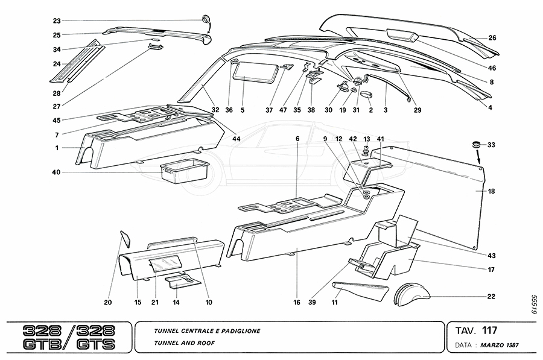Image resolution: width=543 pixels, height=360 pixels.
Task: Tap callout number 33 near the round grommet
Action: pyautogui.click(x=491, y=145)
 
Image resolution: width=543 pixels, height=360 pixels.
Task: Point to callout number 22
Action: pyautogui.click(x=491, y=296)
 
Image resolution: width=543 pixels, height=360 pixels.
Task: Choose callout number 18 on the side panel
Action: pyautogui.click(x=491, y=191)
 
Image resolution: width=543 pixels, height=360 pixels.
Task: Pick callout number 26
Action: pyautogui.click(x=492, y=38)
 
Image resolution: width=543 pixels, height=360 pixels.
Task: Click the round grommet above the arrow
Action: pyautogui.click(x=475, y=145)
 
